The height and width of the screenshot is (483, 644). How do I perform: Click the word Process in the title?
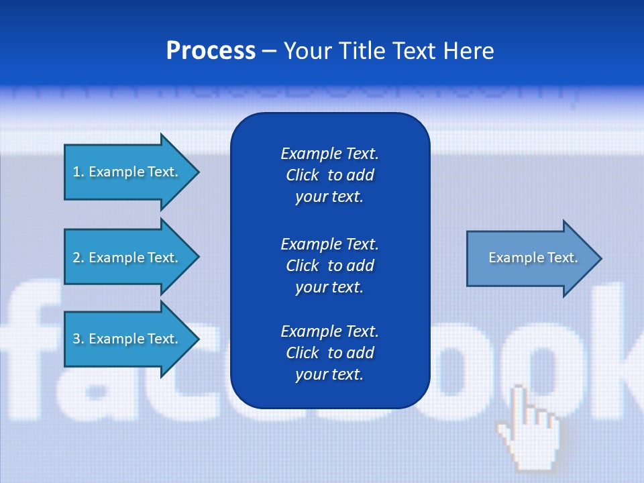211,51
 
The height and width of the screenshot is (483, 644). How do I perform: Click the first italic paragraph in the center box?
329,175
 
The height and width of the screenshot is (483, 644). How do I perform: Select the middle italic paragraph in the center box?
329,266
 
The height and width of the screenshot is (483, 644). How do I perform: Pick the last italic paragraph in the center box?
329,353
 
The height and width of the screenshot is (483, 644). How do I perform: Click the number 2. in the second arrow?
78,258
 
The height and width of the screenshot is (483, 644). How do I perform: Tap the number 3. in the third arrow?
78,339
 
